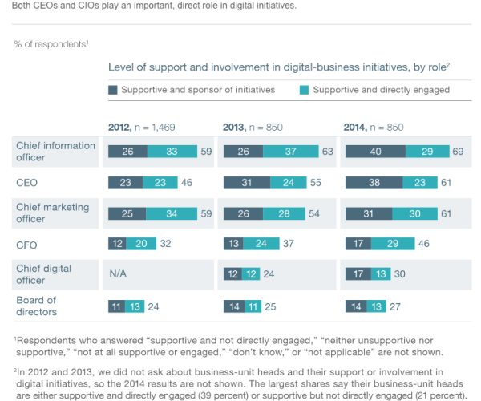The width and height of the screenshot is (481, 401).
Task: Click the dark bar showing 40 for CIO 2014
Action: coord(374,152)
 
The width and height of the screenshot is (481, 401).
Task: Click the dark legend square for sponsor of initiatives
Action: coord(113,90)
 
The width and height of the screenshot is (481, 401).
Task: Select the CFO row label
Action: coord(26,243)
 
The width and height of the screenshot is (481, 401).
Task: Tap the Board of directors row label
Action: coord(37,305)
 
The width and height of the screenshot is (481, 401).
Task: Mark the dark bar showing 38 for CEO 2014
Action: coord(373,182)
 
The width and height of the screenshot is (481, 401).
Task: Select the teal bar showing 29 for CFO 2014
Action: coord(388,243)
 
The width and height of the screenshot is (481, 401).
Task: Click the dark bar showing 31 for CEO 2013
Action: coord(246,182)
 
